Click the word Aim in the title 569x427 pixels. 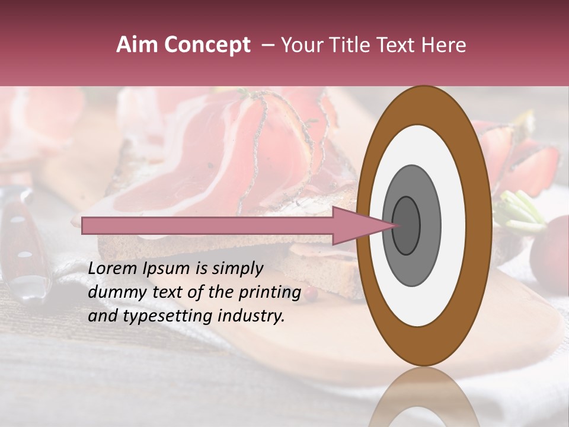point(136,45)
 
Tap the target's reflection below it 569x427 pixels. point(423,397)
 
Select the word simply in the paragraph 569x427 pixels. point(237,269)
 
